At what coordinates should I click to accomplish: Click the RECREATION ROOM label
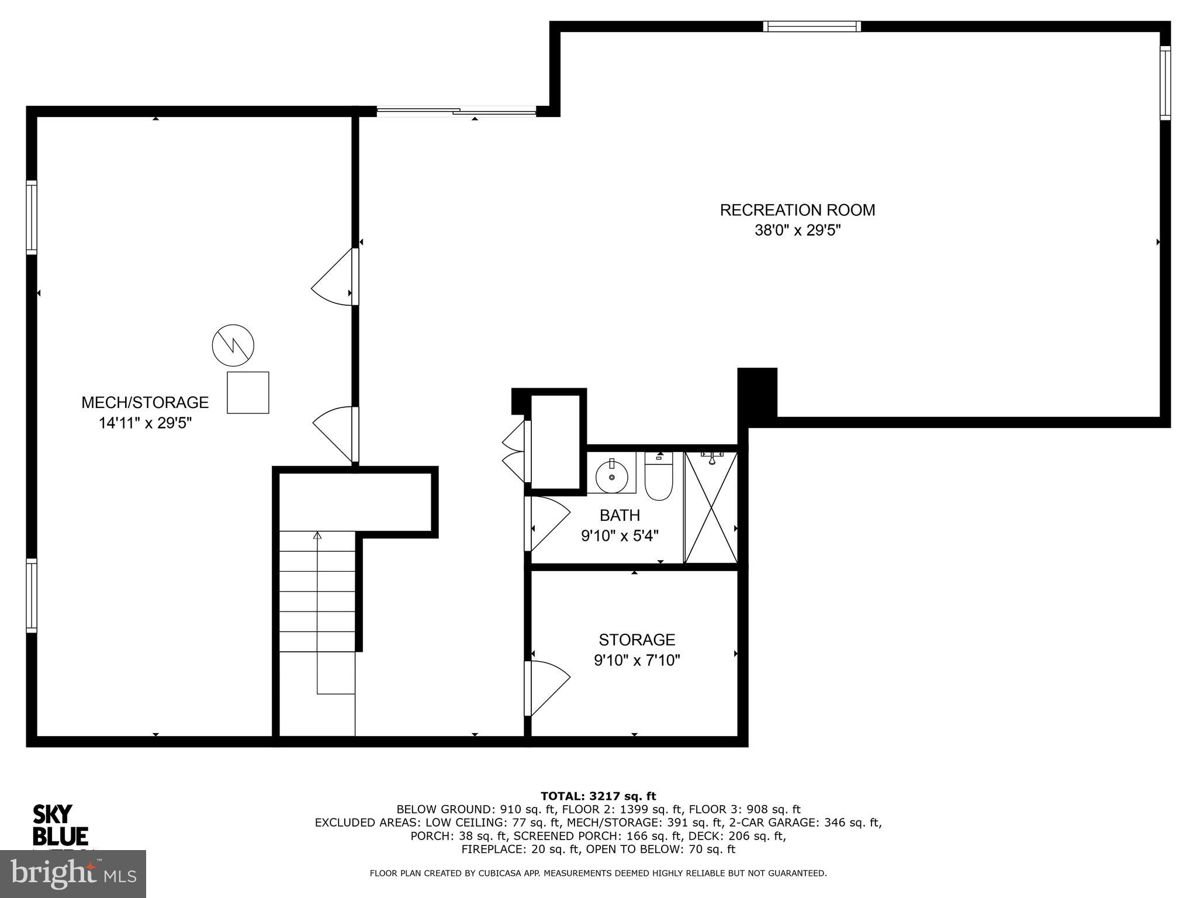797,210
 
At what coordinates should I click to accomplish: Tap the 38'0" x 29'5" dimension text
797,230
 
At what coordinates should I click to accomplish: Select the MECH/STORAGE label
145,402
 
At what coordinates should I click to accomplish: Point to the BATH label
620,515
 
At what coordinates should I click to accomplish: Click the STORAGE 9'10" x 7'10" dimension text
636,661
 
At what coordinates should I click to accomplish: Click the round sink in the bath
611,477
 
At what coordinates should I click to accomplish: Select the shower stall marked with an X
711,507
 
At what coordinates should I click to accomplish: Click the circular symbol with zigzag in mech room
233,346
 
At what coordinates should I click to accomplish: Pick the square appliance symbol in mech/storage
248,392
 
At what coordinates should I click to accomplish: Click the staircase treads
317,590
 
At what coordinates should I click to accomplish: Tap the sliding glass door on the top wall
456,110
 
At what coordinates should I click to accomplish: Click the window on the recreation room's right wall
1165,83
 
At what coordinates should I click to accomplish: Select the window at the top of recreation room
812,26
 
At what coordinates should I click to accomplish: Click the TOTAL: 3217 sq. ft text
598,796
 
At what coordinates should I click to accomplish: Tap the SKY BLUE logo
60,825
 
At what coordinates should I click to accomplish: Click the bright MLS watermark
72,873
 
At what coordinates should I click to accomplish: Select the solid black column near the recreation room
757,393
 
